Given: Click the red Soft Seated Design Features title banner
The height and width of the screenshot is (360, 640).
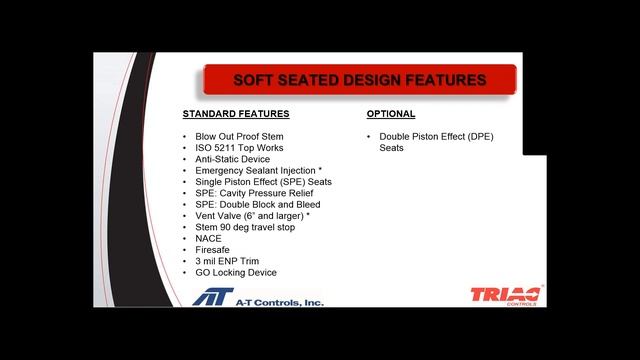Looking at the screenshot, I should (x=360, y=80).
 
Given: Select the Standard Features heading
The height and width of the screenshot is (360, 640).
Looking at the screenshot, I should (x=236, y=114).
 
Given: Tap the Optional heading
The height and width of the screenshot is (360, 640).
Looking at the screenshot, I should (x=391, y=114).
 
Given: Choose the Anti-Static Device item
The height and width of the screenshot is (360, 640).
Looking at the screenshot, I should (x=234, y=159).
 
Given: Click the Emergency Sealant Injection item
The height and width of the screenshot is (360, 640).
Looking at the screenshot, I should (x=259, y=171).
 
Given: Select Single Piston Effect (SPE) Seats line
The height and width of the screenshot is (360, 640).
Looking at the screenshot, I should (x=263, y=182).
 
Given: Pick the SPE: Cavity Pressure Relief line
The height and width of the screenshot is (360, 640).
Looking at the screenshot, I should (x=254, y=193).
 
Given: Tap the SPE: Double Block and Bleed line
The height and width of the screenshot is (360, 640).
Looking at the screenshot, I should (x=258, y=204).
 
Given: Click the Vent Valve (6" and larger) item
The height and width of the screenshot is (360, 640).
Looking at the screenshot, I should (x=253, y=216).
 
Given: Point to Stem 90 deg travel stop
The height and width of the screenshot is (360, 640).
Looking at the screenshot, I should (x=247, y=227).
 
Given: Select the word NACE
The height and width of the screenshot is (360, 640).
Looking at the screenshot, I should (x=209, y=238).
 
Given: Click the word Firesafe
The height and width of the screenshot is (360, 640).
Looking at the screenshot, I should (x=213, y=250).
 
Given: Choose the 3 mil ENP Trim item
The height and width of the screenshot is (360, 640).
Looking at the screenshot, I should (x=228, y=261).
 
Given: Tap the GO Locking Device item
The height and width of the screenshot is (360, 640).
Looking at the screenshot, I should (x=236, y=272).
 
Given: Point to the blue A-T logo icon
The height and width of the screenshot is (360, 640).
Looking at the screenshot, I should (x=214, y=297).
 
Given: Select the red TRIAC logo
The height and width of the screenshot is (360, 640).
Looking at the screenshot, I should (x=505, y=295).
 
